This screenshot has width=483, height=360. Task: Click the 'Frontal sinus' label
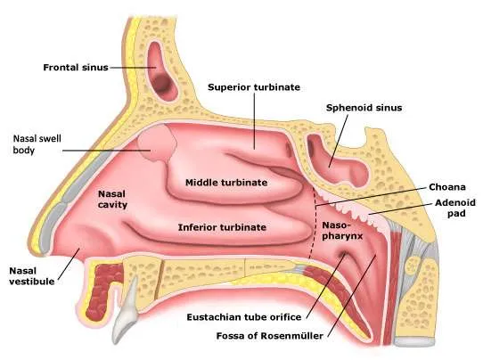click(x=76, y=68)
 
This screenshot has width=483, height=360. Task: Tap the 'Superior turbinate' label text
click(x=254, y=87)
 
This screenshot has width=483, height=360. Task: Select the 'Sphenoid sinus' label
click(x=364, y=108)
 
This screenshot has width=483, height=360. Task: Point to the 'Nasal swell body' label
click(x=37, y=144)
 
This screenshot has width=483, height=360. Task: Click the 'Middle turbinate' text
click(x=226, y=183)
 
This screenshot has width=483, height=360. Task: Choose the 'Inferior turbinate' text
click(x=222, y=227)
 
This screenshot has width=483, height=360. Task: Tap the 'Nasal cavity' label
click(x=112, y=200)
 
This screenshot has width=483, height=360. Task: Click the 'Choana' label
click(x=447, y=187)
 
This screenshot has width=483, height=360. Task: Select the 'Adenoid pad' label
click(x=455, y=208)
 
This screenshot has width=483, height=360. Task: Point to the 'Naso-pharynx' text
click(x=342, y=231)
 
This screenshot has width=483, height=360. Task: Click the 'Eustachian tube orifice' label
click(x=244, y=317)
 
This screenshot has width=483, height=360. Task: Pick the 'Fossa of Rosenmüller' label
click(x=270, y=336)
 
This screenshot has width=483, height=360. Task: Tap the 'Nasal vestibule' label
click(x=32, y=276)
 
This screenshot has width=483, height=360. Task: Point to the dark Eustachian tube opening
click(x=343, y=254)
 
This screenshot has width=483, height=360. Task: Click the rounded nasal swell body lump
click(x=157, y=143)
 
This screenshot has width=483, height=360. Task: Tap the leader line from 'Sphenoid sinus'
click(x=339, y=141)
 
